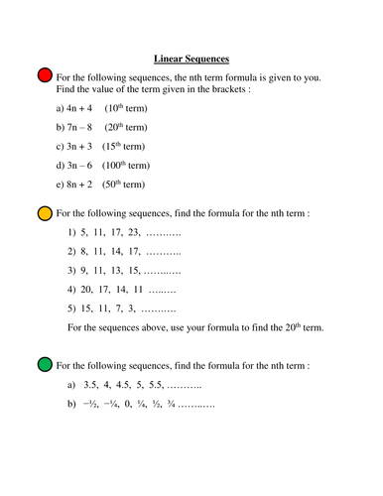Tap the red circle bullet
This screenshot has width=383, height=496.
click(x=45, y=76)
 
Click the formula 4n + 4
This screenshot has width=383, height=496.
click(x=78, y=106)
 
